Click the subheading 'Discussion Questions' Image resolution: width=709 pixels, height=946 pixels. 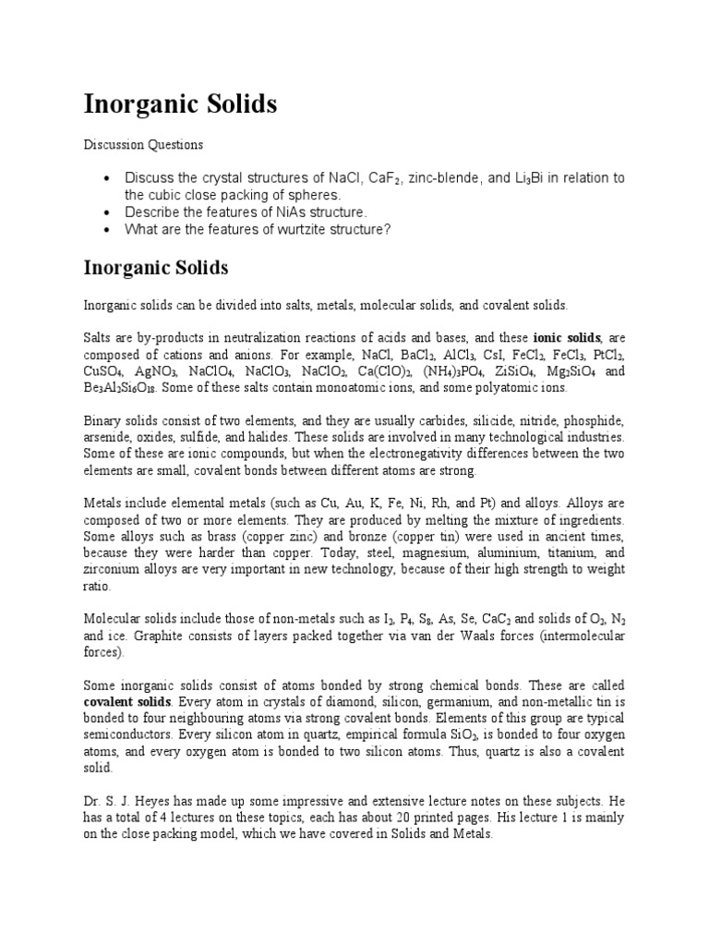pos(143,145)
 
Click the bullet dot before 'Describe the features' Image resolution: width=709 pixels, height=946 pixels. pos(109,212)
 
